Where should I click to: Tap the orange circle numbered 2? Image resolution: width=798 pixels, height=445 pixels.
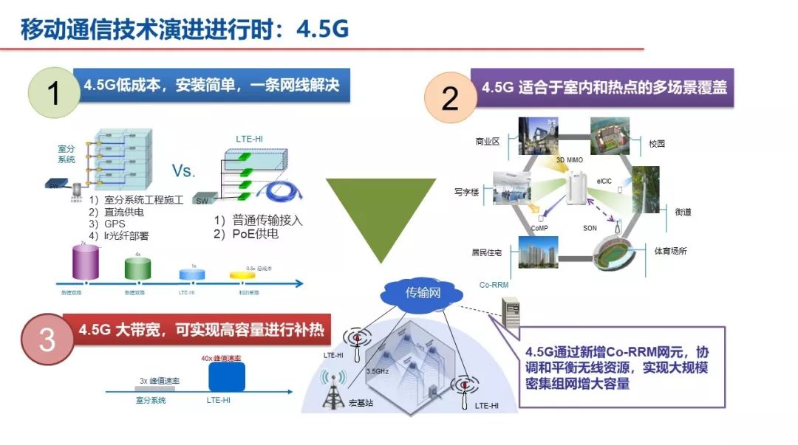pos(449,98)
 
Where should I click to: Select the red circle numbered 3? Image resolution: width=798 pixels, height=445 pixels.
pos(47,339)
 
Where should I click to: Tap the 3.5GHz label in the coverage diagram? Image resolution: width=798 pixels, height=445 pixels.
pos(378,371)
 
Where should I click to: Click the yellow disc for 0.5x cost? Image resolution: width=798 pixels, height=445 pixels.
pos(244,275)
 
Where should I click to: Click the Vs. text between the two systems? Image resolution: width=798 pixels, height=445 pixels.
pos(183,171)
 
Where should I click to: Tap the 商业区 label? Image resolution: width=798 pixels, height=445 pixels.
pos(487,141)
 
